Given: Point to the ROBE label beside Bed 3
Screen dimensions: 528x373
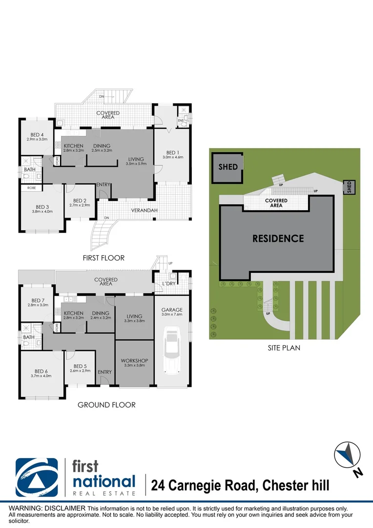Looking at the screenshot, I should pyautogui.click(x=31, y=187).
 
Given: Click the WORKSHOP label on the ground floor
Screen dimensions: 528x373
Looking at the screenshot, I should pyautogui.click(x=134, y=361).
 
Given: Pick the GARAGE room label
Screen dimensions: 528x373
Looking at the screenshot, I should pyautogui.click(x=172, y=309).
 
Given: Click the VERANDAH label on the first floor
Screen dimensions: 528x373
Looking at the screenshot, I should pyautogui.click(x=143, y=211).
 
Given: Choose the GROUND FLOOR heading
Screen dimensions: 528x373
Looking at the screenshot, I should pyautogui.click(x=106, y=405).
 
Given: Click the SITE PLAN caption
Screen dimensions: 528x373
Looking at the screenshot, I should pyautogui.click(x=284, y=348).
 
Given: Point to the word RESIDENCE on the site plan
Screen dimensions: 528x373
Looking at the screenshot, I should pyautogui.click(x=278, y=239).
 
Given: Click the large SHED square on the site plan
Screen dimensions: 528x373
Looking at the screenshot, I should pyautogui.click(x=228, y=167).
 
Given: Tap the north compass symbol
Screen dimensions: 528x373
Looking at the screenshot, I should pyautogui.click(x=348, y=455).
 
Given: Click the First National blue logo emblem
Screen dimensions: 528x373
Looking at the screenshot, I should pyautogui.click(x=37, y=477).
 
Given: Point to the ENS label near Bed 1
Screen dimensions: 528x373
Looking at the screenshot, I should pyautogui.click(x=180, y=120).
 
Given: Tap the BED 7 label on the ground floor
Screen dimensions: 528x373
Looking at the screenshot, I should pyautogui.click(x=38, y=301).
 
